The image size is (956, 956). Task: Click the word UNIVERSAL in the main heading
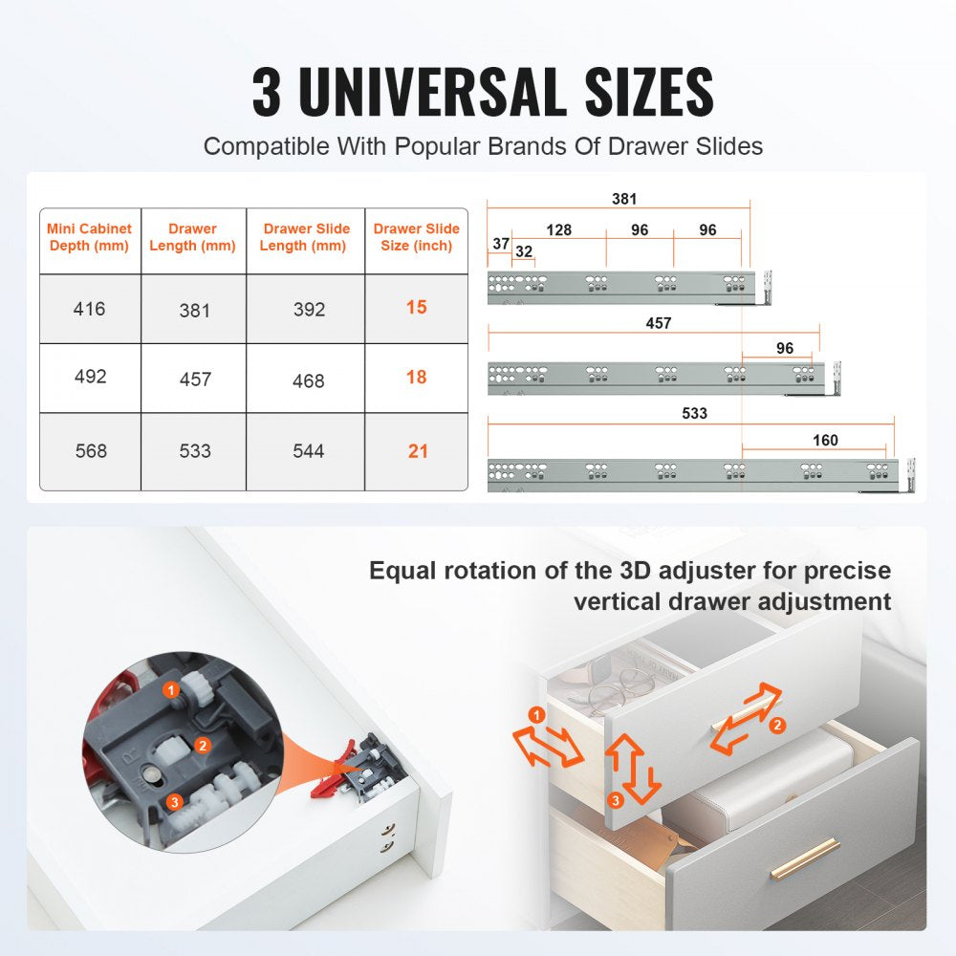(449, 92)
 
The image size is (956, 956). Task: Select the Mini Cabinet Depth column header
(89, 237)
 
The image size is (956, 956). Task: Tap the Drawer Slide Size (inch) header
(416, 237)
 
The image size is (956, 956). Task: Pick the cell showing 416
(89, 309)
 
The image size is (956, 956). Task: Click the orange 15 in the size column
(416, 308)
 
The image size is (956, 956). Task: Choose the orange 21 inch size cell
(418, 451)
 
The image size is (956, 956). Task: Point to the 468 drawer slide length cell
(308, 380)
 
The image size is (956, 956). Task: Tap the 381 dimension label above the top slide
(624, 200)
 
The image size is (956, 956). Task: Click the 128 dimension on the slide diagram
(558, 230)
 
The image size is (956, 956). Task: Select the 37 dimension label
(501, 244)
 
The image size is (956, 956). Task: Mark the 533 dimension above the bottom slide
(694, 413)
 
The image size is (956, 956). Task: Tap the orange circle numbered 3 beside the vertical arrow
(617, 798)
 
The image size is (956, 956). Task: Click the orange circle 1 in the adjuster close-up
(170, 689)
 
